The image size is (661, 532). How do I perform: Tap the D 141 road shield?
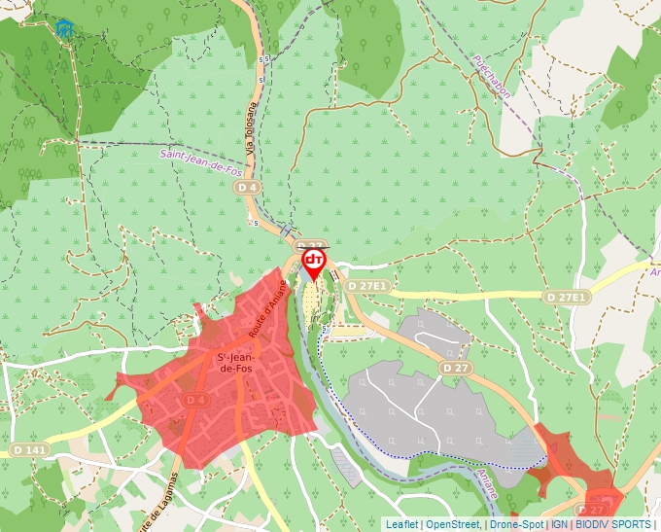[31, 450]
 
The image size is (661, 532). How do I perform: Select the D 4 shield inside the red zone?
[195, 401]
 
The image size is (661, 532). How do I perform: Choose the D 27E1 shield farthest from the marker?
[566, 297]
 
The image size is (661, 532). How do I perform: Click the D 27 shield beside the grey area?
[455, 369]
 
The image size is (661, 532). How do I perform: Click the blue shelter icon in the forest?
[64, 28]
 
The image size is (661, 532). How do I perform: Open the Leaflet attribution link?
[401, 524]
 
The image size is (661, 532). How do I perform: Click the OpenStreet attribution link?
[453, 524]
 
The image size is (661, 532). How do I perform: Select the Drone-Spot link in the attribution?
[516, 524]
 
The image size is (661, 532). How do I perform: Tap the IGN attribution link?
[560, 524]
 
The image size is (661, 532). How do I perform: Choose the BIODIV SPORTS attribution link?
[612, 524]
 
